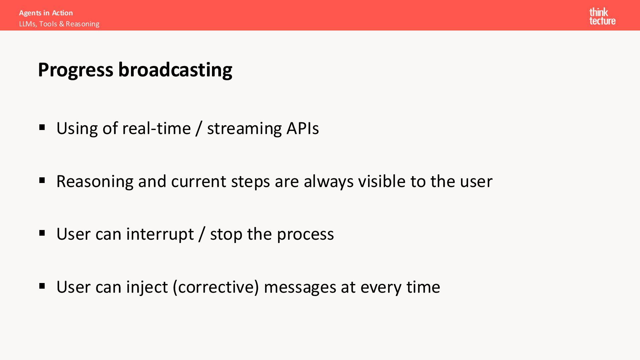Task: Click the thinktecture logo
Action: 602,16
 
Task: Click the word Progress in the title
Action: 76,70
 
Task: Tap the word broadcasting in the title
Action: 175,70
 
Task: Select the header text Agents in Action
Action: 46,13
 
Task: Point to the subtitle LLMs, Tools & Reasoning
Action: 59,24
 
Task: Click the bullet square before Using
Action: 42,127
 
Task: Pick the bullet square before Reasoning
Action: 42,180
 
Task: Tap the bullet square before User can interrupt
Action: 42,233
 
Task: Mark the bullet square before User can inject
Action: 42,286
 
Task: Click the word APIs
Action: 303,128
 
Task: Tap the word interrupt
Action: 160,234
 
